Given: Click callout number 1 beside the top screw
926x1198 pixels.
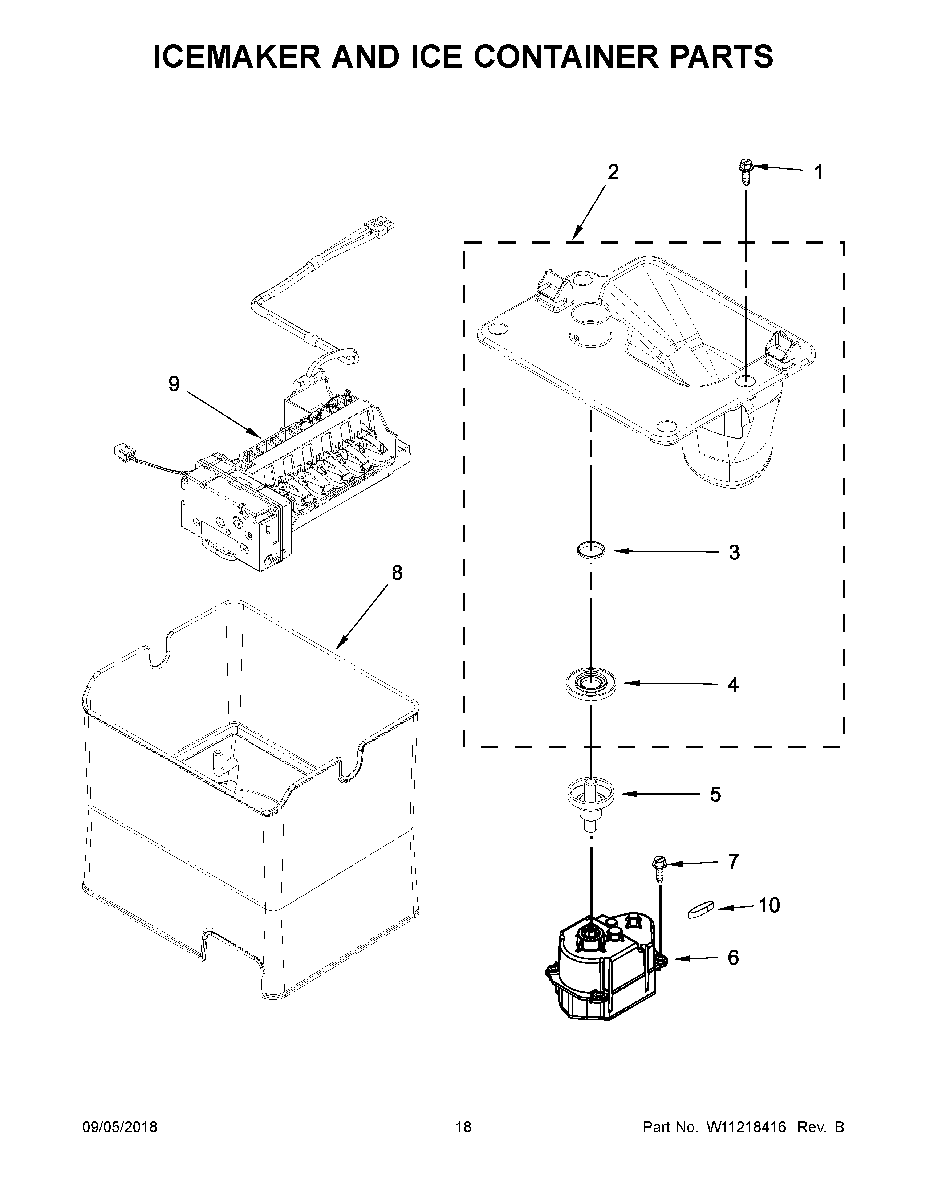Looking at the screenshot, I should pyautogui.click(x=818, y=172).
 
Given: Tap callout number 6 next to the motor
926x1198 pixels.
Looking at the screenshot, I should pyautogui.click(x=733, y=957).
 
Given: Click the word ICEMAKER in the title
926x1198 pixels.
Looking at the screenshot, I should pyautogui.click(x=236, y=57).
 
